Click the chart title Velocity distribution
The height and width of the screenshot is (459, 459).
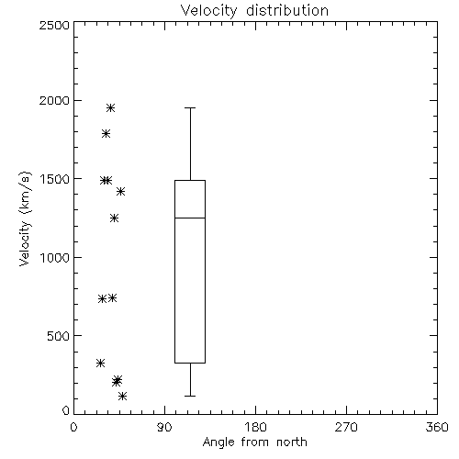click(254, 11)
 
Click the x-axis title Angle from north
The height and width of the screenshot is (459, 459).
click(255, 442)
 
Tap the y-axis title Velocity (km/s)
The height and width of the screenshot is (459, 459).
click(25, 218)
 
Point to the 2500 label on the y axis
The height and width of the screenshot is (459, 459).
click(54, 25)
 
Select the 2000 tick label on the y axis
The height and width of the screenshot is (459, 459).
click(54, 100)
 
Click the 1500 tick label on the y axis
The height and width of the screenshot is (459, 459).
click(55, 179)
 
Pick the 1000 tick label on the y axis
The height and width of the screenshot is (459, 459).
click(55, 258)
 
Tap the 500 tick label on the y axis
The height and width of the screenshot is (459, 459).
click(59, 336)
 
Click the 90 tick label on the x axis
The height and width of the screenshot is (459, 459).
click(164, 427)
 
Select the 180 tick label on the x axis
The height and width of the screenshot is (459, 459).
click(255, 427)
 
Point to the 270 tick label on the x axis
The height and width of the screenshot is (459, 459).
click(346, 427)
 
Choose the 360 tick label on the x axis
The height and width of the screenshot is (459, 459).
click(437, 427)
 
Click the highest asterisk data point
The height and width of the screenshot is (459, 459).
click(110, 108)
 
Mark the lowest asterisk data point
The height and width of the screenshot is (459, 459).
click(122, 397)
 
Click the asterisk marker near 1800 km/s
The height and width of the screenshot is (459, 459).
click(106, 134)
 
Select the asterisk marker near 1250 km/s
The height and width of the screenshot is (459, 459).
click(114, 218)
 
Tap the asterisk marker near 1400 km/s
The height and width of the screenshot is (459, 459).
click(120, 192)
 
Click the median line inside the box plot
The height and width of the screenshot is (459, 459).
click(190, 218)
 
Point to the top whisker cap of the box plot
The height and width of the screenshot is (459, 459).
click(190, 108)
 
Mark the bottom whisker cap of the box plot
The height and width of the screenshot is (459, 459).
click(190, 396)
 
